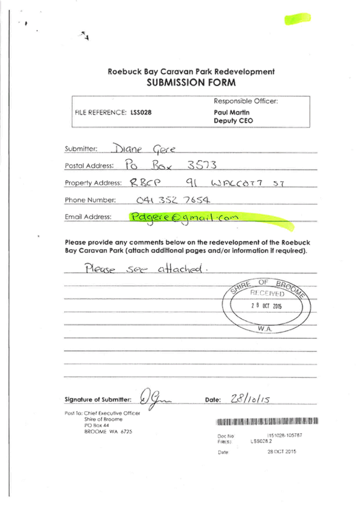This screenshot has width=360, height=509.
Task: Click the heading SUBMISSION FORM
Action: pyautogui.click(x=191, y=83)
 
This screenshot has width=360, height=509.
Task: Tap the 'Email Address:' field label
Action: pyautogui.click(x=88, y=217)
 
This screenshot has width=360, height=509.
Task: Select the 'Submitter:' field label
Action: pyautogui.click(x=81, y=149)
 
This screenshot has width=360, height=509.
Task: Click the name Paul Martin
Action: pyautogui.click(x=227, y=112)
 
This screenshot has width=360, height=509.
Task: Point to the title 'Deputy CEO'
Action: pyautogui.click(x=233, y=120)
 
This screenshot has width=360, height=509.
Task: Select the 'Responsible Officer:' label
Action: pyautogui.click(x=245, y=101)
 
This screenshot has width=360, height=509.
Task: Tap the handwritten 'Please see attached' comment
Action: pyautogui.click(x=147, y=269)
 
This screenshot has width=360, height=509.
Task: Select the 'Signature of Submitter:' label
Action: pyautogui.click(x=98, y=399)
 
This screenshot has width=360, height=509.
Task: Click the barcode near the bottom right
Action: pyautogui.click(x=267, y=421)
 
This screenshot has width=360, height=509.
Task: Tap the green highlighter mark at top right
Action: pyautogui.click(x=298, y=19)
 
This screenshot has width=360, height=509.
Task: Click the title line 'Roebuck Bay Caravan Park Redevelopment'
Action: pyautogui.click(x=191, y=72)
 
